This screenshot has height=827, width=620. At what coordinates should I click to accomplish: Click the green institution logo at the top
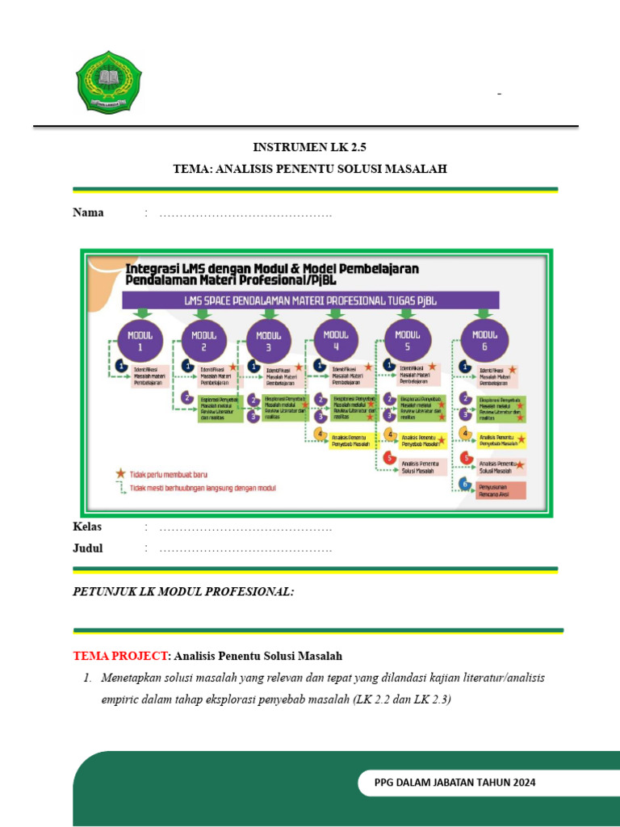(107, 82)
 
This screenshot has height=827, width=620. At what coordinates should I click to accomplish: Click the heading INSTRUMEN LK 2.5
(304, 147)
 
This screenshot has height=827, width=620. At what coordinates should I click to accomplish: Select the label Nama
(88, 213)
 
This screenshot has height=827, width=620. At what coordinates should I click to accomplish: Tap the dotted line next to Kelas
(245, 527)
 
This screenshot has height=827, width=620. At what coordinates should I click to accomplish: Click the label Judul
(88, 548)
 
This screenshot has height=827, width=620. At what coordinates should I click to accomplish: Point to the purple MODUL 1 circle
(140, 341)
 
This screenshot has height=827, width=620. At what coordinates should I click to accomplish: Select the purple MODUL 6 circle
(484, 340)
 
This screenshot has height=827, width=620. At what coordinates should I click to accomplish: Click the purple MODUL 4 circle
(336, 340)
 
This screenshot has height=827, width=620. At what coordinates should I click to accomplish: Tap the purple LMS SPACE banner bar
(310, 300)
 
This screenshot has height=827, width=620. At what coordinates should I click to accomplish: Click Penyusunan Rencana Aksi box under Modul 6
(501, 489)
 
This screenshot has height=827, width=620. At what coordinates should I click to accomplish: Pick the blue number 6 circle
(465, 485)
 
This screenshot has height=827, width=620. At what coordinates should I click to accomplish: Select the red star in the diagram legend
(119, 472)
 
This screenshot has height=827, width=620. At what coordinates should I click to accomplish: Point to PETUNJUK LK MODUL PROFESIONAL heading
(183, 592)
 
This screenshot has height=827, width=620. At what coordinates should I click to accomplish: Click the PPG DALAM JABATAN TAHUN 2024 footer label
(455, 783)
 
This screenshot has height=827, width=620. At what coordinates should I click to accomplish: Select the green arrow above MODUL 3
(270, 313)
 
